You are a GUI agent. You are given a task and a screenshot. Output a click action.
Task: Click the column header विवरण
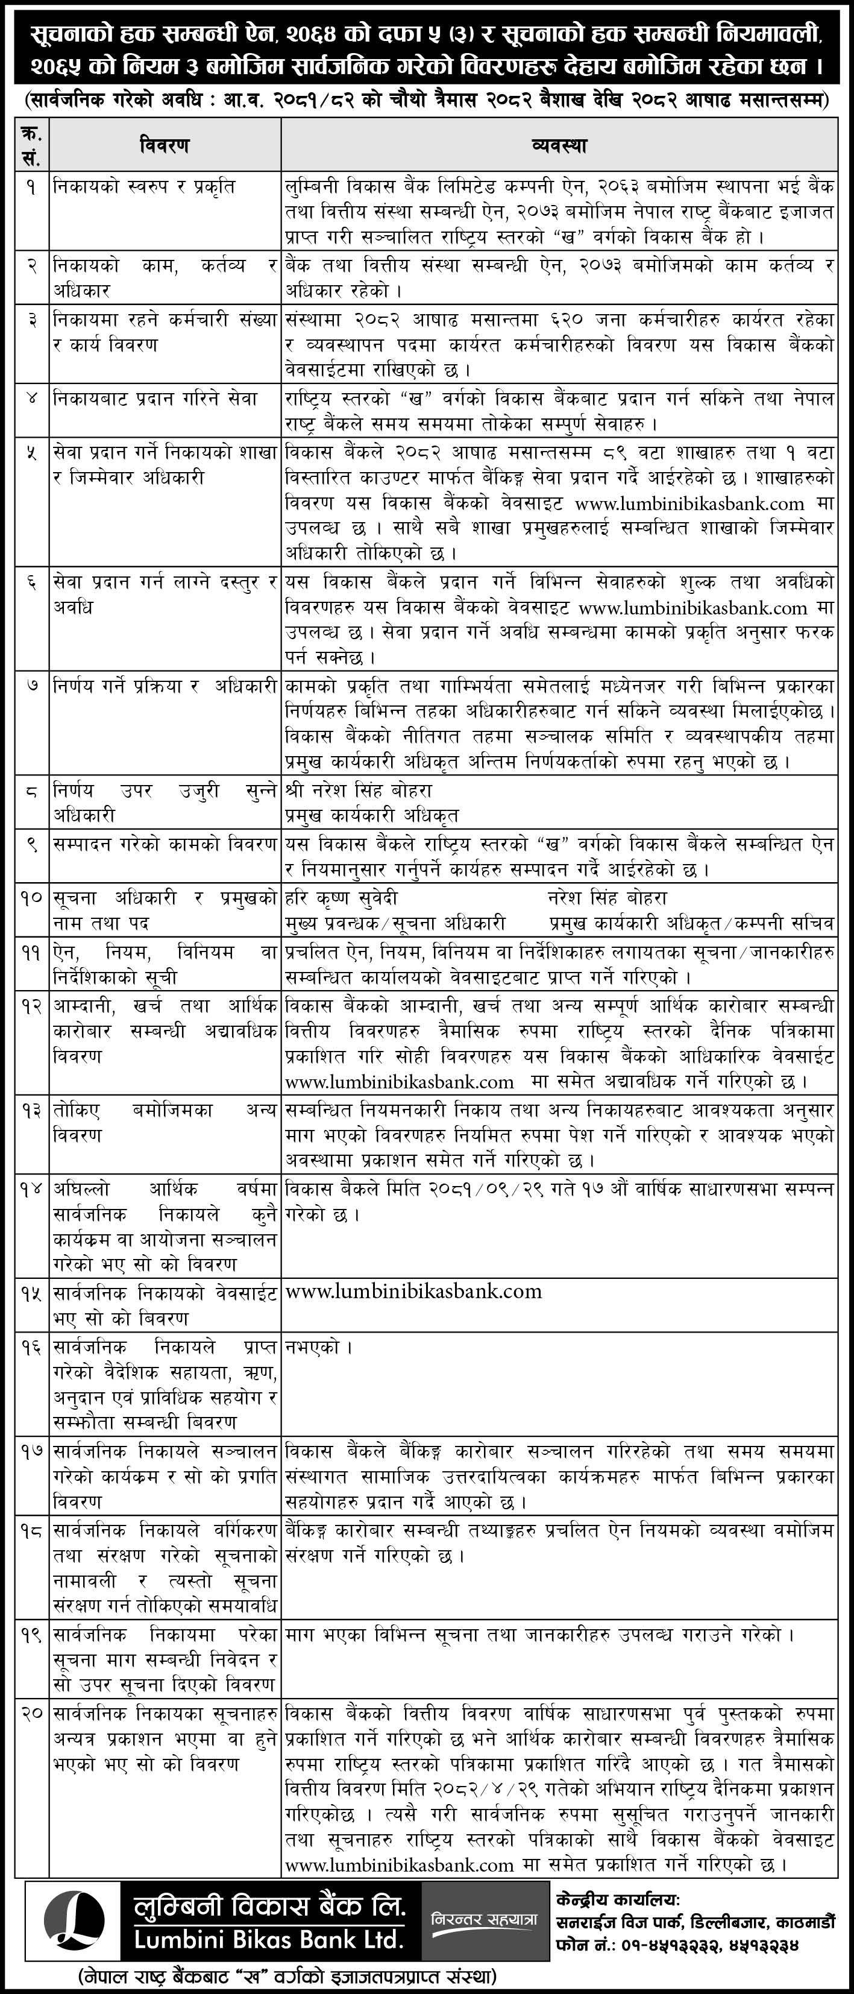(x=164, y=145)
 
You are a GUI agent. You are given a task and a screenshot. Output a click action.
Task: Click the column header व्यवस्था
(x=559, y=145)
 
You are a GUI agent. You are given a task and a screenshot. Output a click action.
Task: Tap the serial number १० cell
(x=32, y=898)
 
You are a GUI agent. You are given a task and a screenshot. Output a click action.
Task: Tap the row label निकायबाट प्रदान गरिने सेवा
(x=155, y=399)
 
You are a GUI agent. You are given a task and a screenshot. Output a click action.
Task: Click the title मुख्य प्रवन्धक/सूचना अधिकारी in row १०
(x=395, y=924)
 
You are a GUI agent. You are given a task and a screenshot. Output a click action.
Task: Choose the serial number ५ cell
(x=32, y=453)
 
